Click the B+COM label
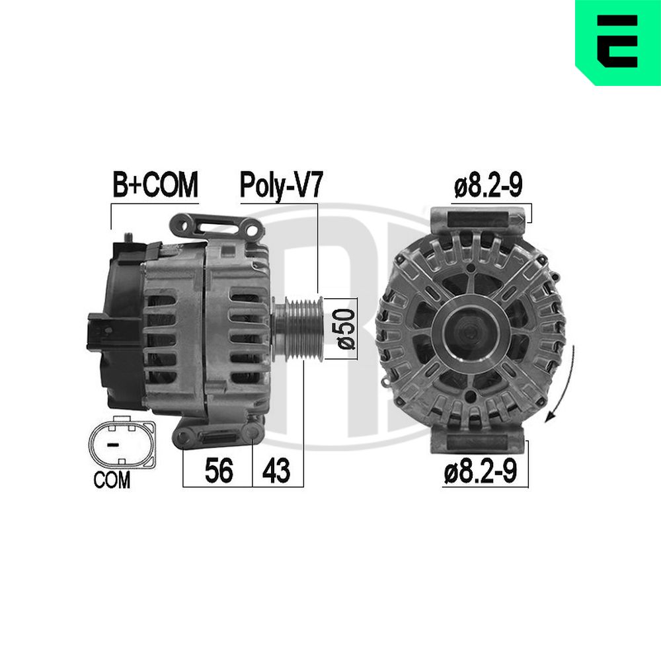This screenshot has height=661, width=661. click(x=155, y=184)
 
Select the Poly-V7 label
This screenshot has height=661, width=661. click(x=281, y=186)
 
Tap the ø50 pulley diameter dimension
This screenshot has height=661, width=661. click(x=346, y=329)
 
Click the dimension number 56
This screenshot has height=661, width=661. click(x=219, y=471)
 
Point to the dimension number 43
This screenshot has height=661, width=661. click(x=276, y=471)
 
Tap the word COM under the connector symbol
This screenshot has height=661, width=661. click(x=112, y=480)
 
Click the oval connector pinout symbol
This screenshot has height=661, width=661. click(x=122, y=443)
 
